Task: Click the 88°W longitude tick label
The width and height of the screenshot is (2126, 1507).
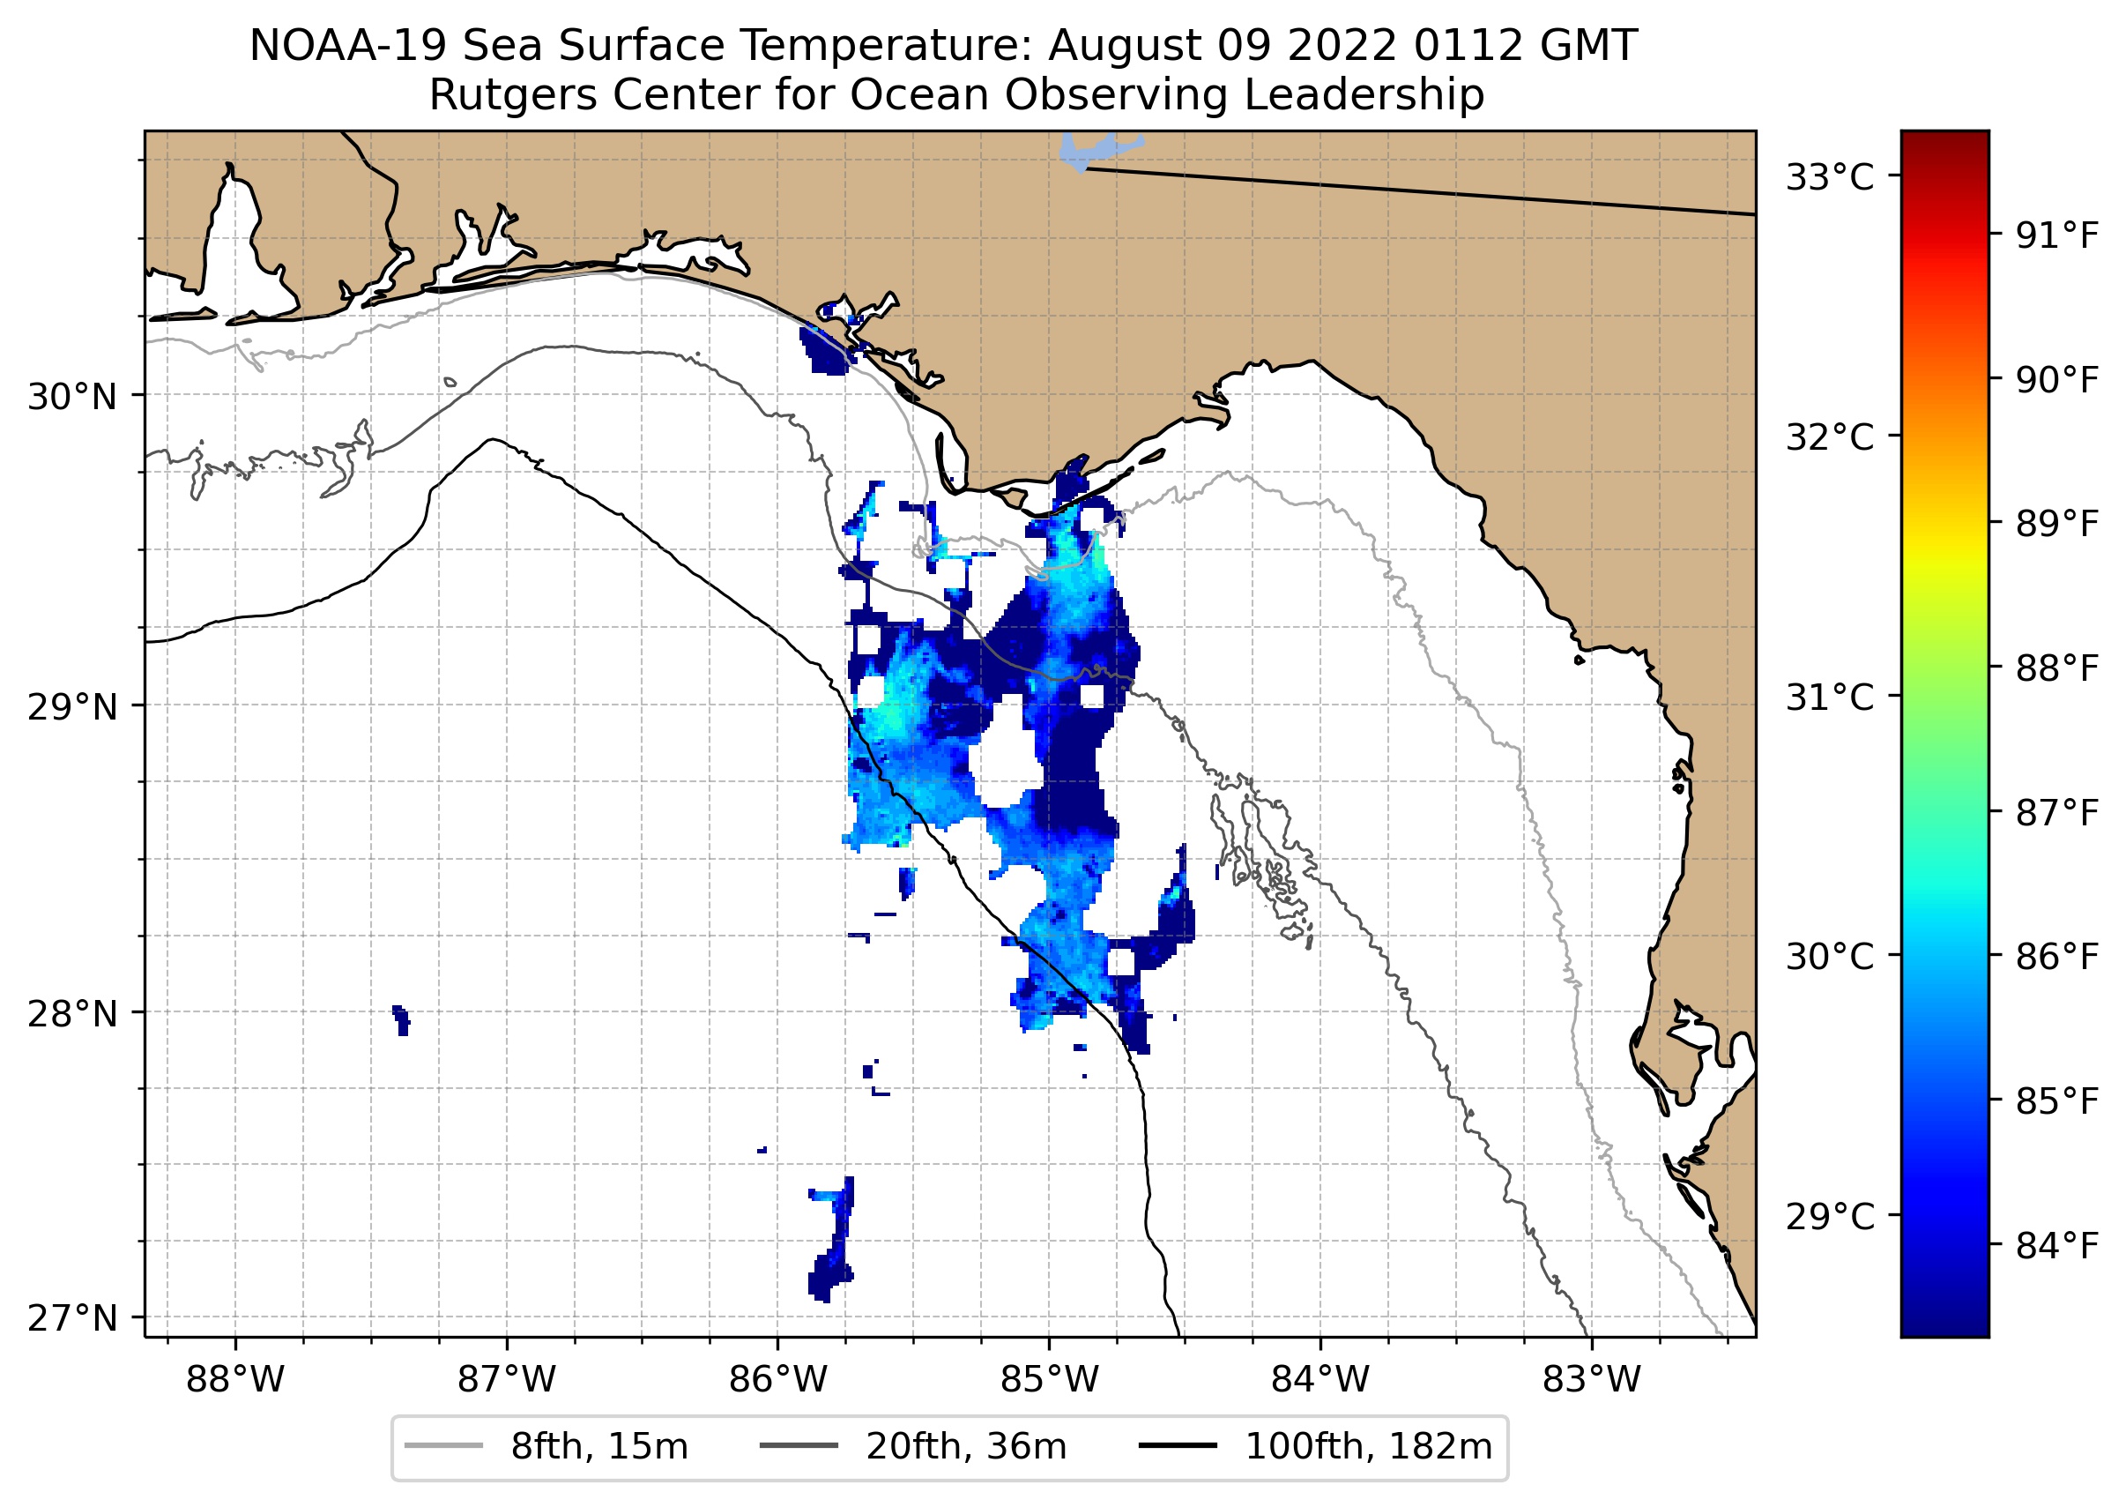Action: [234, 1380]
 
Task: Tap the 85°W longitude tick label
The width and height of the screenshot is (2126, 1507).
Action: [1049, 1380]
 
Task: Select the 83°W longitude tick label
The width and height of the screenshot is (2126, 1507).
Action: [1592, 1380]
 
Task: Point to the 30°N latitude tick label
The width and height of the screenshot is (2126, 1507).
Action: [72, 397]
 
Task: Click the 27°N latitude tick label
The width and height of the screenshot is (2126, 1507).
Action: [72, 1317]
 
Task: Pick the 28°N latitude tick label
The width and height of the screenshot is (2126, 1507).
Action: [72, 1014]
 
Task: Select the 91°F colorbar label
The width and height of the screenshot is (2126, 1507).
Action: [2056, 236]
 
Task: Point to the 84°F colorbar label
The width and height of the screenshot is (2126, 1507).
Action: [2056, 1246]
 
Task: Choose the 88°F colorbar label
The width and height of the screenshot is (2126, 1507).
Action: [2056, 668]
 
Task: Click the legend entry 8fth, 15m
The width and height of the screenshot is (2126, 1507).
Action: [598, 1447]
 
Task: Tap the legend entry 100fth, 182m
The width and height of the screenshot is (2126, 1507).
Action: [1368, 1447]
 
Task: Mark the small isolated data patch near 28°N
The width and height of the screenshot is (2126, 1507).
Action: [402, 1020]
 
